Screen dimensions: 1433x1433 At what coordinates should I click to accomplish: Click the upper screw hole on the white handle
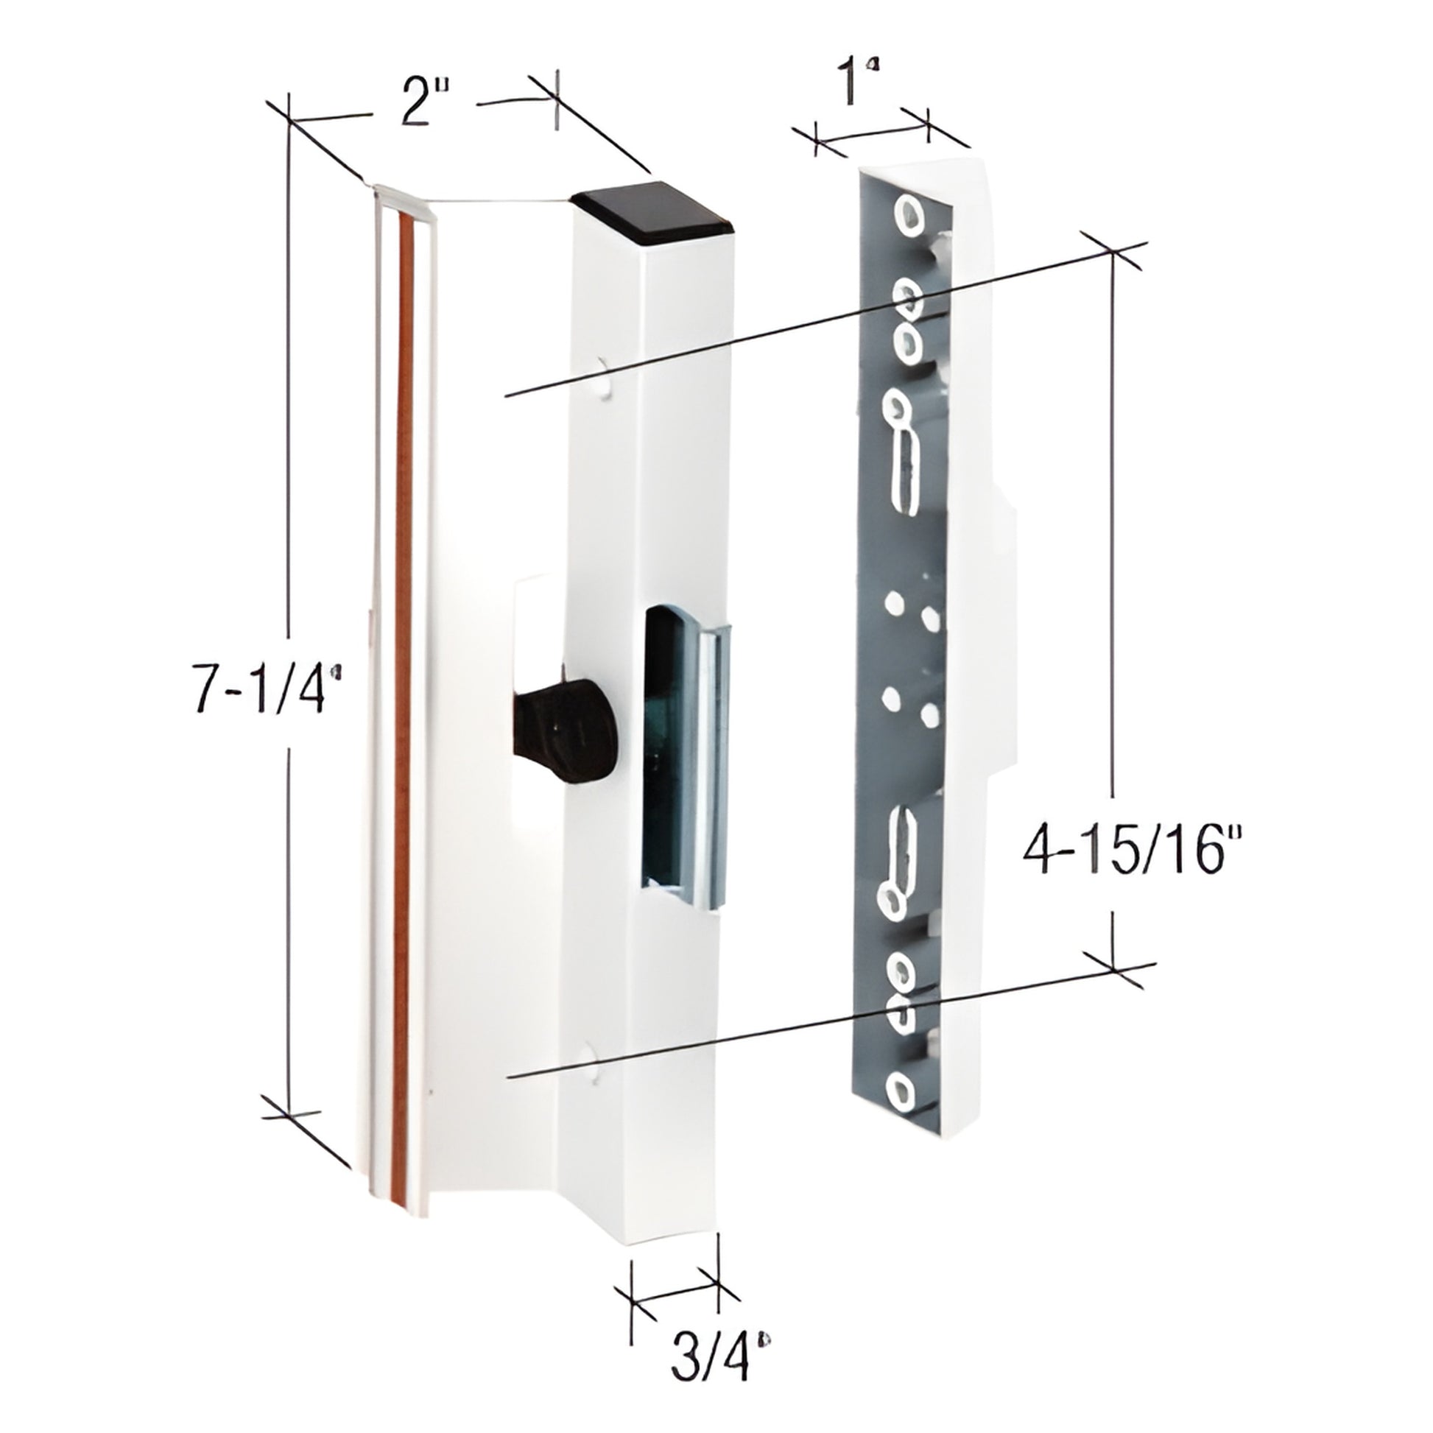point(605,376)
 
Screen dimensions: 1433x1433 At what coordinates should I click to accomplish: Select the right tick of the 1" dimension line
point(927,126)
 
